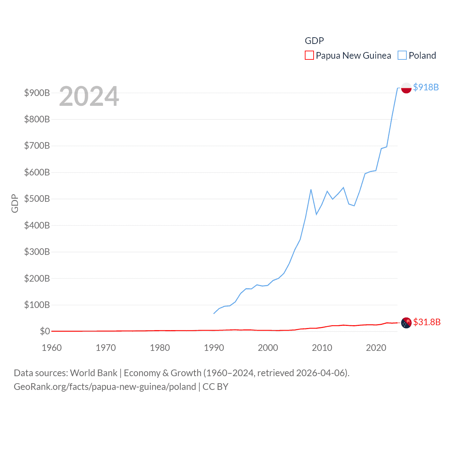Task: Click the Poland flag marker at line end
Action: (x=406, y=88)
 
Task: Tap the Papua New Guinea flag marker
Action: (x=406, y=322)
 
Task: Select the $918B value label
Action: (x=426, y=87)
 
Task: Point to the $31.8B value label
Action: (x=427, y=322)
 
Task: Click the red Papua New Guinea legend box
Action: (x=309, y=56)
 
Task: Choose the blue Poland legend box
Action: (x=402, y=56)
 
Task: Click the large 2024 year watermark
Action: (x=89, y=96)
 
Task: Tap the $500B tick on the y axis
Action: (x=37, y=199)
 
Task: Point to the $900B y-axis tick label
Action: (x=37, y=93)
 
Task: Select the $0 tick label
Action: (x=45, y=331)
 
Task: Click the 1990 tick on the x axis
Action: (x=214, y=348)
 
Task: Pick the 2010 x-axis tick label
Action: (x=322, y=348)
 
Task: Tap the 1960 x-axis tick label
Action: (x=52, y=348)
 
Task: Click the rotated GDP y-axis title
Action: (x=15, y=203)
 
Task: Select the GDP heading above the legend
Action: (x=314, y=41)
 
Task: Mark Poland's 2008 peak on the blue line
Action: (x=311, y=189)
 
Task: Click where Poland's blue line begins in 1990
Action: (x=214, y=313)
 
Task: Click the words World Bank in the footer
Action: (x=94, y=373)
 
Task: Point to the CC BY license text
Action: (x=216, y=387)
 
